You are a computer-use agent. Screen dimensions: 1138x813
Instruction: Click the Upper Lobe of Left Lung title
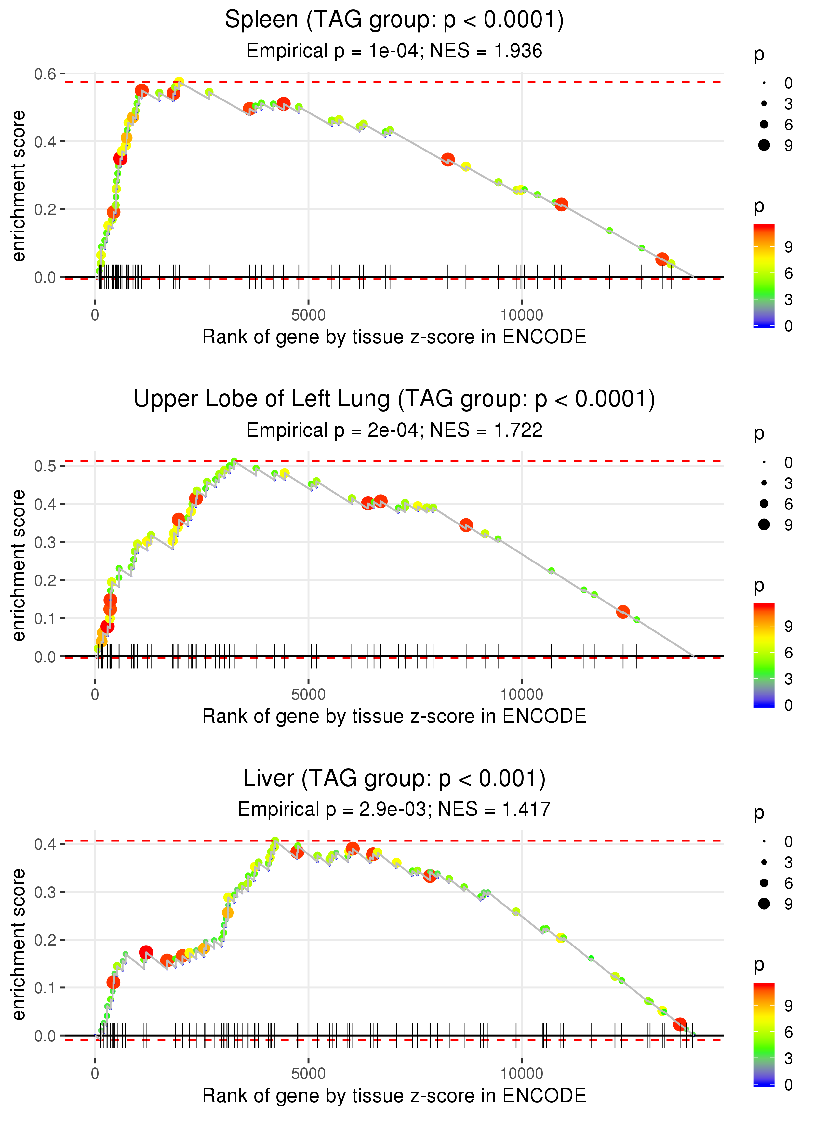coord(394,399)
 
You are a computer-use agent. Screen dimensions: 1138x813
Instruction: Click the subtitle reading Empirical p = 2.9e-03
coord(394,809)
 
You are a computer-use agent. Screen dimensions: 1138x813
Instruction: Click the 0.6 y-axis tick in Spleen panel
coord(45,74)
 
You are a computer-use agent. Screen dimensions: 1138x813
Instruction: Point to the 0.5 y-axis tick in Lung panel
coord(45,466)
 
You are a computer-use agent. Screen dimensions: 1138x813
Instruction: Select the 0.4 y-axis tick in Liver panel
coord(45,845)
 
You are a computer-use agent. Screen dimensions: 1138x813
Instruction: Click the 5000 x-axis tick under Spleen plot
coord(308,315)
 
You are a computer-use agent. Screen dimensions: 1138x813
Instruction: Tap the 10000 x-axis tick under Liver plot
coord(522,1074)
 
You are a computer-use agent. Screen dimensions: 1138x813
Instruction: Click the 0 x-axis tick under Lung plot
coord(95,695)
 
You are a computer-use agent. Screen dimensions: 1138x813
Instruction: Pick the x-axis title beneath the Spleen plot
coord(394,337)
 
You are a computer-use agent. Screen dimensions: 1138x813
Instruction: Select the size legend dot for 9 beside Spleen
coord(764,145)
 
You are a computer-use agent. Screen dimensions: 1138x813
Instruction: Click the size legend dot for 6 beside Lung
coord(764,503)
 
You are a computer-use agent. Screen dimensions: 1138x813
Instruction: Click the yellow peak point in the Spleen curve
coord(179,82)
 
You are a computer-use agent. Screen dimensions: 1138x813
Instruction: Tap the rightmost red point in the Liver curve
coord(680,1025)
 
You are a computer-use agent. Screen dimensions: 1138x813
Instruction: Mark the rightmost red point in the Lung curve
coord(623,612)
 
